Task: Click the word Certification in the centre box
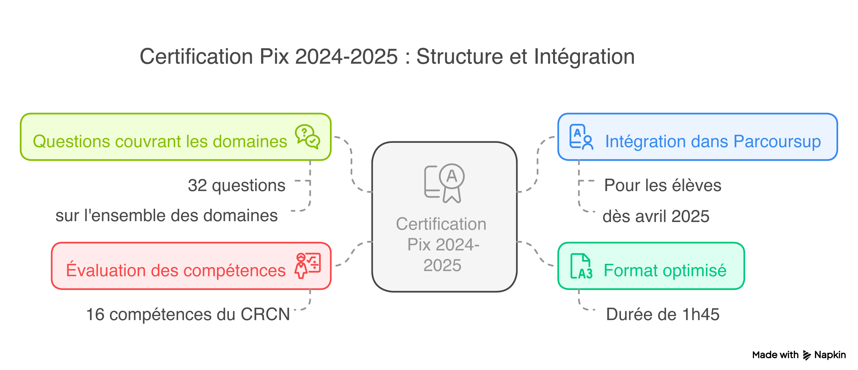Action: (x=441, y=224)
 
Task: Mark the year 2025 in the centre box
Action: (x=442, y=266)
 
